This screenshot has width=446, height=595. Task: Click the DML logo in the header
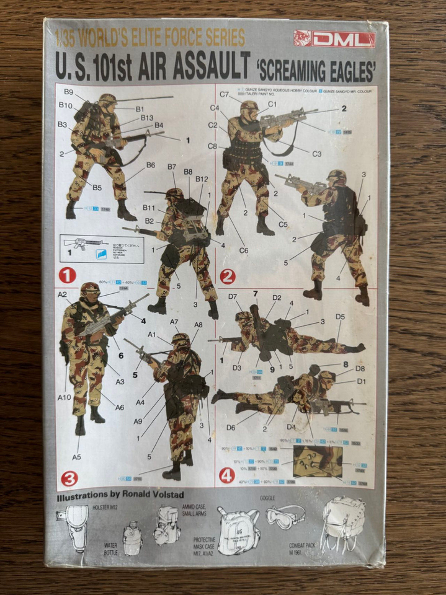pyautogui.click(x=334, y=39)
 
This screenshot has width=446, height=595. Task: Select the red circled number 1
pyautogui.click(x=67, y=275)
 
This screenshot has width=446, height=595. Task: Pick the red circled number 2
pyautogui.click(x=228, y=276)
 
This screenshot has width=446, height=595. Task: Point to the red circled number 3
pyautogui.click(x=69, y=478)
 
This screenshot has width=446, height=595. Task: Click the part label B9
pyautogui.click(x=68, y=93)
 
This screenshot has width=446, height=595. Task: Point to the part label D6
pyautogui.click(x=231, y=427)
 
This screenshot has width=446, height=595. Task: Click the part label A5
pyautogui.click(x=76, y=457)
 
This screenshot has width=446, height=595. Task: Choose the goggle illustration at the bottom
pyautogui.click(x=285, y=516)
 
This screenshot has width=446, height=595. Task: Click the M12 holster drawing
pyautogui.click(x=78, y=526)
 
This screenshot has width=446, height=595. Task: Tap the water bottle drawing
pyautogui.click(x=132, y=537)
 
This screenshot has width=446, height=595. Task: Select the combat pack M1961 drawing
pyautogui.click(x=343, y=522)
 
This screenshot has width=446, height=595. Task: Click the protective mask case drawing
pyautogui.click(x=238, y=529)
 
